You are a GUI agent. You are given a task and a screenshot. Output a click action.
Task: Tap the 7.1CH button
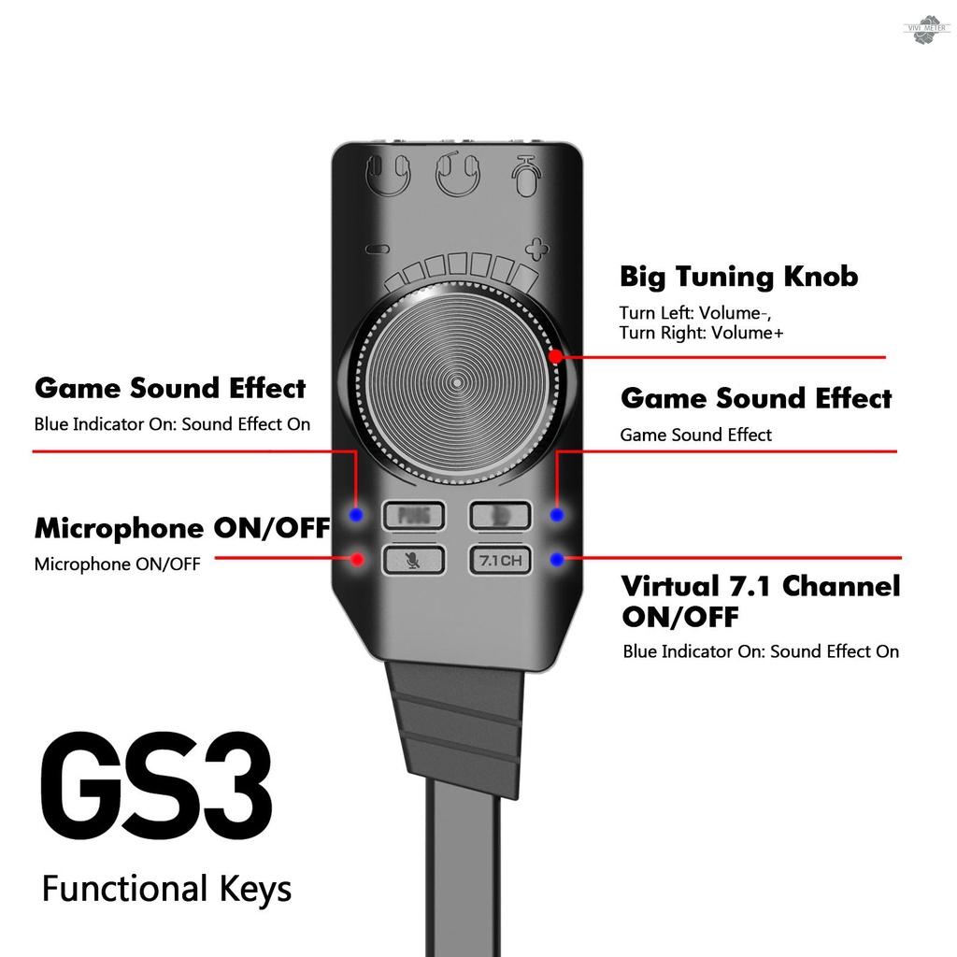click(500, 561)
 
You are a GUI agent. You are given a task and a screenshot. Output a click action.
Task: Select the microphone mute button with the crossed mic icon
click(411, 560)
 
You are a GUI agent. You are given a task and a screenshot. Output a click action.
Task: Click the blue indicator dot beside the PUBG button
click(356, 515)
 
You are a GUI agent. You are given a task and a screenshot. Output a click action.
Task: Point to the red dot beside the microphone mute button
click(356, 560)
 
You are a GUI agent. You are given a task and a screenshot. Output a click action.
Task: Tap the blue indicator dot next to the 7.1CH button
click(557, 560)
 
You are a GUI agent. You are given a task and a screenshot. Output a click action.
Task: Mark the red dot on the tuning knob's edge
click(555, 356)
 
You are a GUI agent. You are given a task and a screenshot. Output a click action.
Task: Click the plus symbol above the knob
click(536, 250)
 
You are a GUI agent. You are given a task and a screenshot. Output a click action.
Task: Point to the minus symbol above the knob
click(376, 250)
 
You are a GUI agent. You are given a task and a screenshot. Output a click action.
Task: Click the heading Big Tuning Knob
click(738, 277)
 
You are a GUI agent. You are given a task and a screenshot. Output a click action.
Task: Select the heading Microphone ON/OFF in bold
click(182, 528)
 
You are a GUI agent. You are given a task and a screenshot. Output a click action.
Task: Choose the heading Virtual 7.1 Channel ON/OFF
click(761, 601)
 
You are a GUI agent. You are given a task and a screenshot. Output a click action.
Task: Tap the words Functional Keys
click(166, 889)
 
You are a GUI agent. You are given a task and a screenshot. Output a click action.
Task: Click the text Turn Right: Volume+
click(701, 333)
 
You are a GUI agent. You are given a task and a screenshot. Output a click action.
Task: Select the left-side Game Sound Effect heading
click(170, 388)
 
